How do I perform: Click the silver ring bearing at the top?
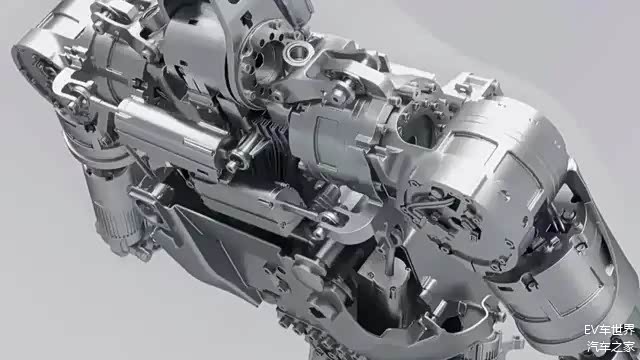point(298,52)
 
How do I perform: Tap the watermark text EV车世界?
point(609,329)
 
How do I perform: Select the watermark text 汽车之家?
point(611,347)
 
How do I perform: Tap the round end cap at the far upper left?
point(37,69)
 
